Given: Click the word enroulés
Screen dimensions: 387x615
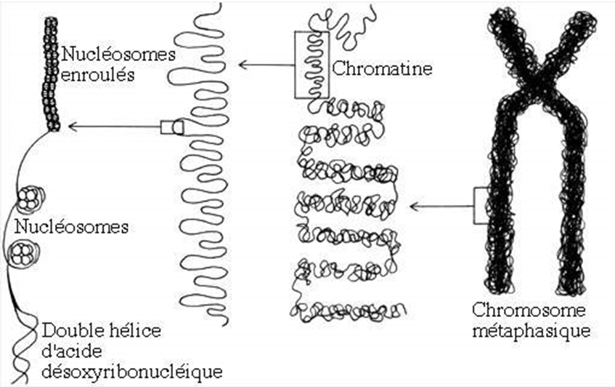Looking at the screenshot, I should click(97, 74).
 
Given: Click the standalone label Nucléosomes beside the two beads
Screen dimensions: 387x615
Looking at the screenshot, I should click(71, 226).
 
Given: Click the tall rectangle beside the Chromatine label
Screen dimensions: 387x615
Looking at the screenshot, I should click(311, 65).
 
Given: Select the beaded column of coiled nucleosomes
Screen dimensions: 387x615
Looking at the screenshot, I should click(51, 73).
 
